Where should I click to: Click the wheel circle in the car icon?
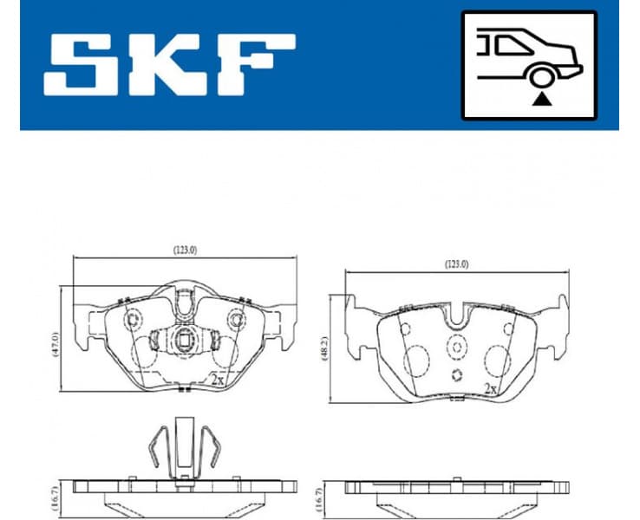click(541, 78)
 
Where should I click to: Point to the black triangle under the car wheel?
click(541, 100)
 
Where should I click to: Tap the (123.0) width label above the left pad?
click(184, 250)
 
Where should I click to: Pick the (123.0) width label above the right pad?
click(456, 264)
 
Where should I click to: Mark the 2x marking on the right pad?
click(490, 388)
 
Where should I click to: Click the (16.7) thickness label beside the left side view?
click(54, 495)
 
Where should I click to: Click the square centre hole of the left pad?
click(184, 339)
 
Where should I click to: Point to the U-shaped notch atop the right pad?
click(456, 315)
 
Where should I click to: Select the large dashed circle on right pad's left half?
click(418, 360)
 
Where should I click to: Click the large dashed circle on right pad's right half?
click(498, 360)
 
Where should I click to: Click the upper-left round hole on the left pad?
click(134, 321)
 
